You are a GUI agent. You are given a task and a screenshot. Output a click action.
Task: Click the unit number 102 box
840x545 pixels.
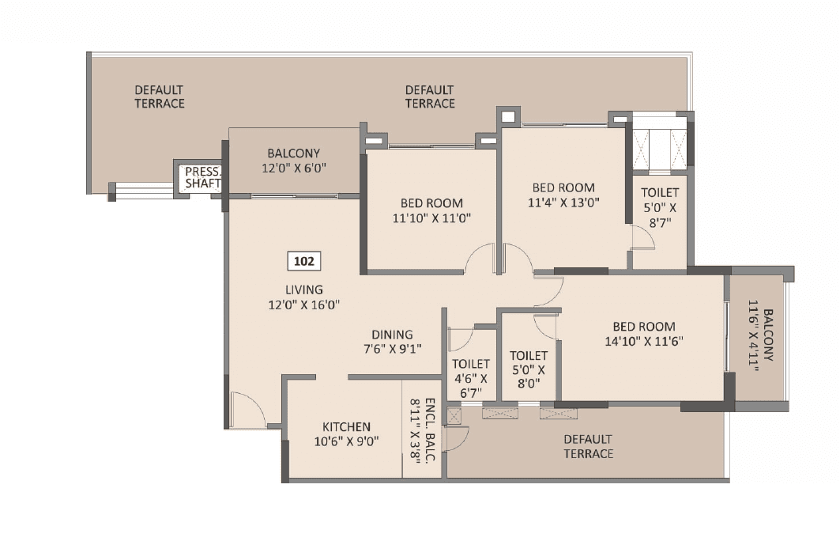coord(303,260)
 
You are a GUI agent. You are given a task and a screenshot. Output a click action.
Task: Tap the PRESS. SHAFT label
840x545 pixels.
coord(203,177)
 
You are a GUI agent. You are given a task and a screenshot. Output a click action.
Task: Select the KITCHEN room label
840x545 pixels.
coord(346,427)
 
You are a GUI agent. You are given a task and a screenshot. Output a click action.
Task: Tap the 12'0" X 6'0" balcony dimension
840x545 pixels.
coord(293,168)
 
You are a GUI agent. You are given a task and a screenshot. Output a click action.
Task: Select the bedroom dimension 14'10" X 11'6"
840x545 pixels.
coord(644,341)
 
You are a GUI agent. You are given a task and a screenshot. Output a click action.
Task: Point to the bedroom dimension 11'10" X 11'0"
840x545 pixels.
coord(431,218)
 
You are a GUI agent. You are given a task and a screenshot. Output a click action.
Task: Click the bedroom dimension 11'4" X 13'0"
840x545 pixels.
coord(563,202)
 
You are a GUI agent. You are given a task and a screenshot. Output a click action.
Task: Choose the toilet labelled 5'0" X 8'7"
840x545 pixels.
coord(659,207)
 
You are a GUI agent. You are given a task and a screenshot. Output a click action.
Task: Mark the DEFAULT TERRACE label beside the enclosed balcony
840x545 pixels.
coord(588,446)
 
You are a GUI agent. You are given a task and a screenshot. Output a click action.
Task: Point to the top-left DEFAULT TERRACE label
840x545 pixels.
coord(159,97)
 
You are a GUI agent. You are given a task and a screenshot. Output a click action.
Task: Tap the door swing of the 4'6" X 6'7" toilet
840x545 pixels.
coord(461,337)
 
